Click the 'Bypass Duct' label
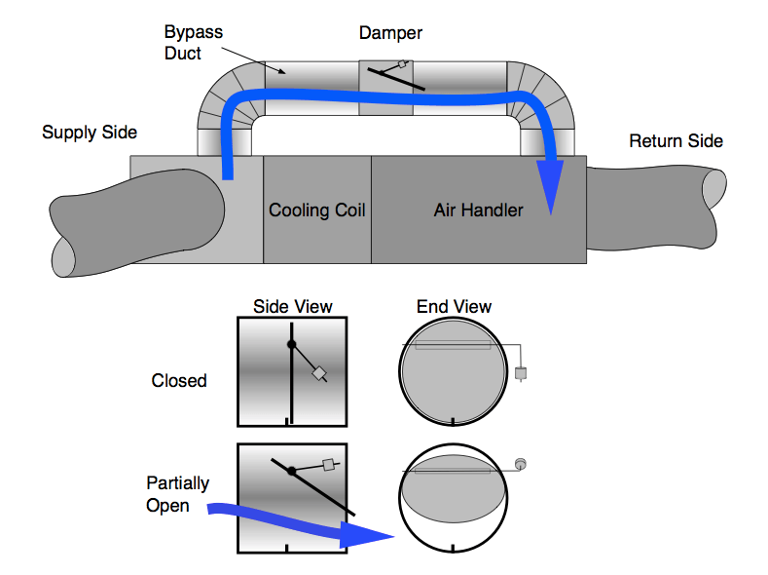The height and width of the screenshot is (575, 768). point(193,42)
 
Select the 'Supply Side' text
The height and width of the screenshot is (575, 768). point(90,133)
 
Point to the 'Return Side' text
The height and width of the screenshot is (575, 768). point(676,141)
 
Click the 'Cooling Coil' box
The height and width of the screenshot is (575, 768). point(317,210)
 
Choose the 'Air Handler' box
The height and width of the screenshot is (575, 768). point(478,210)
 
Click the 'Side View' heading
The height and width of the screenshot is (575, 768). point(292,306)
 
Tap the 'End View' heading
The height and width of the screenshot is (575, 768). point(454,306)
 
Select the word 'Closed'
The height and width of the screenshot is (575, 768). point(179,380)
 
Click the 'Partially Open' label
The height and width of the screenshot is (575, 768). point(177,494)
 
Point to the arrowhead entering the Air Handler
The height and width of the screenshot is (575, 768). point(552,195)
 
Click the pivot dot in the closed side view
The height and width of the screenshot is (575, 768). point(291,344)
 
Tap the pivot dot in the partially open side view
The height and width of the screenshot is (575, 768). point(291,471)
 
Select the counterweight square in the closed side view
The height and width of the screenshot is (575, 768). point(318,373)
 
